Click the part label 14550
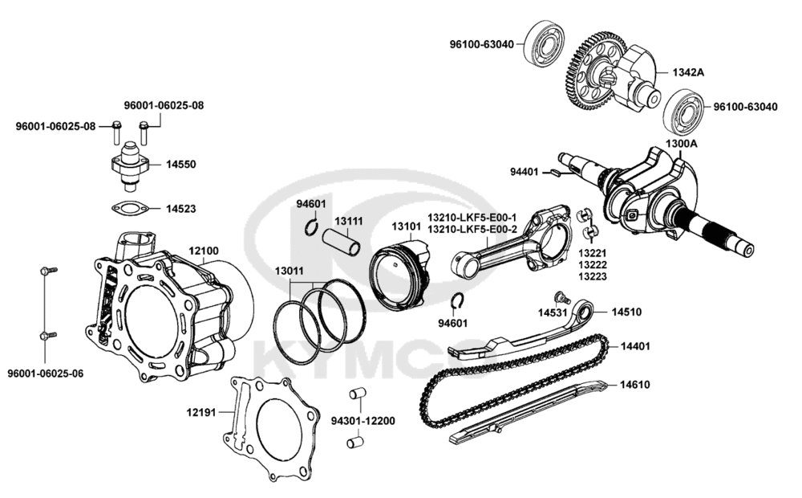[x=181, y=164]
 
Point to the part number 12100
[x=203, y=251]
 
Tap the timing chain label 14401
[x=634, y=346]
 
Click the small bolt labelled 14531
[x=564, y=300]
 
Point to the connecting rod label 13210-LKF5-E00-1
[x=472, y=218]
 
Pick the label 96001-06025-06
[x=45, y=373]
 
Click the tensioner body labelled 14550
[x=129, y=164]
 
